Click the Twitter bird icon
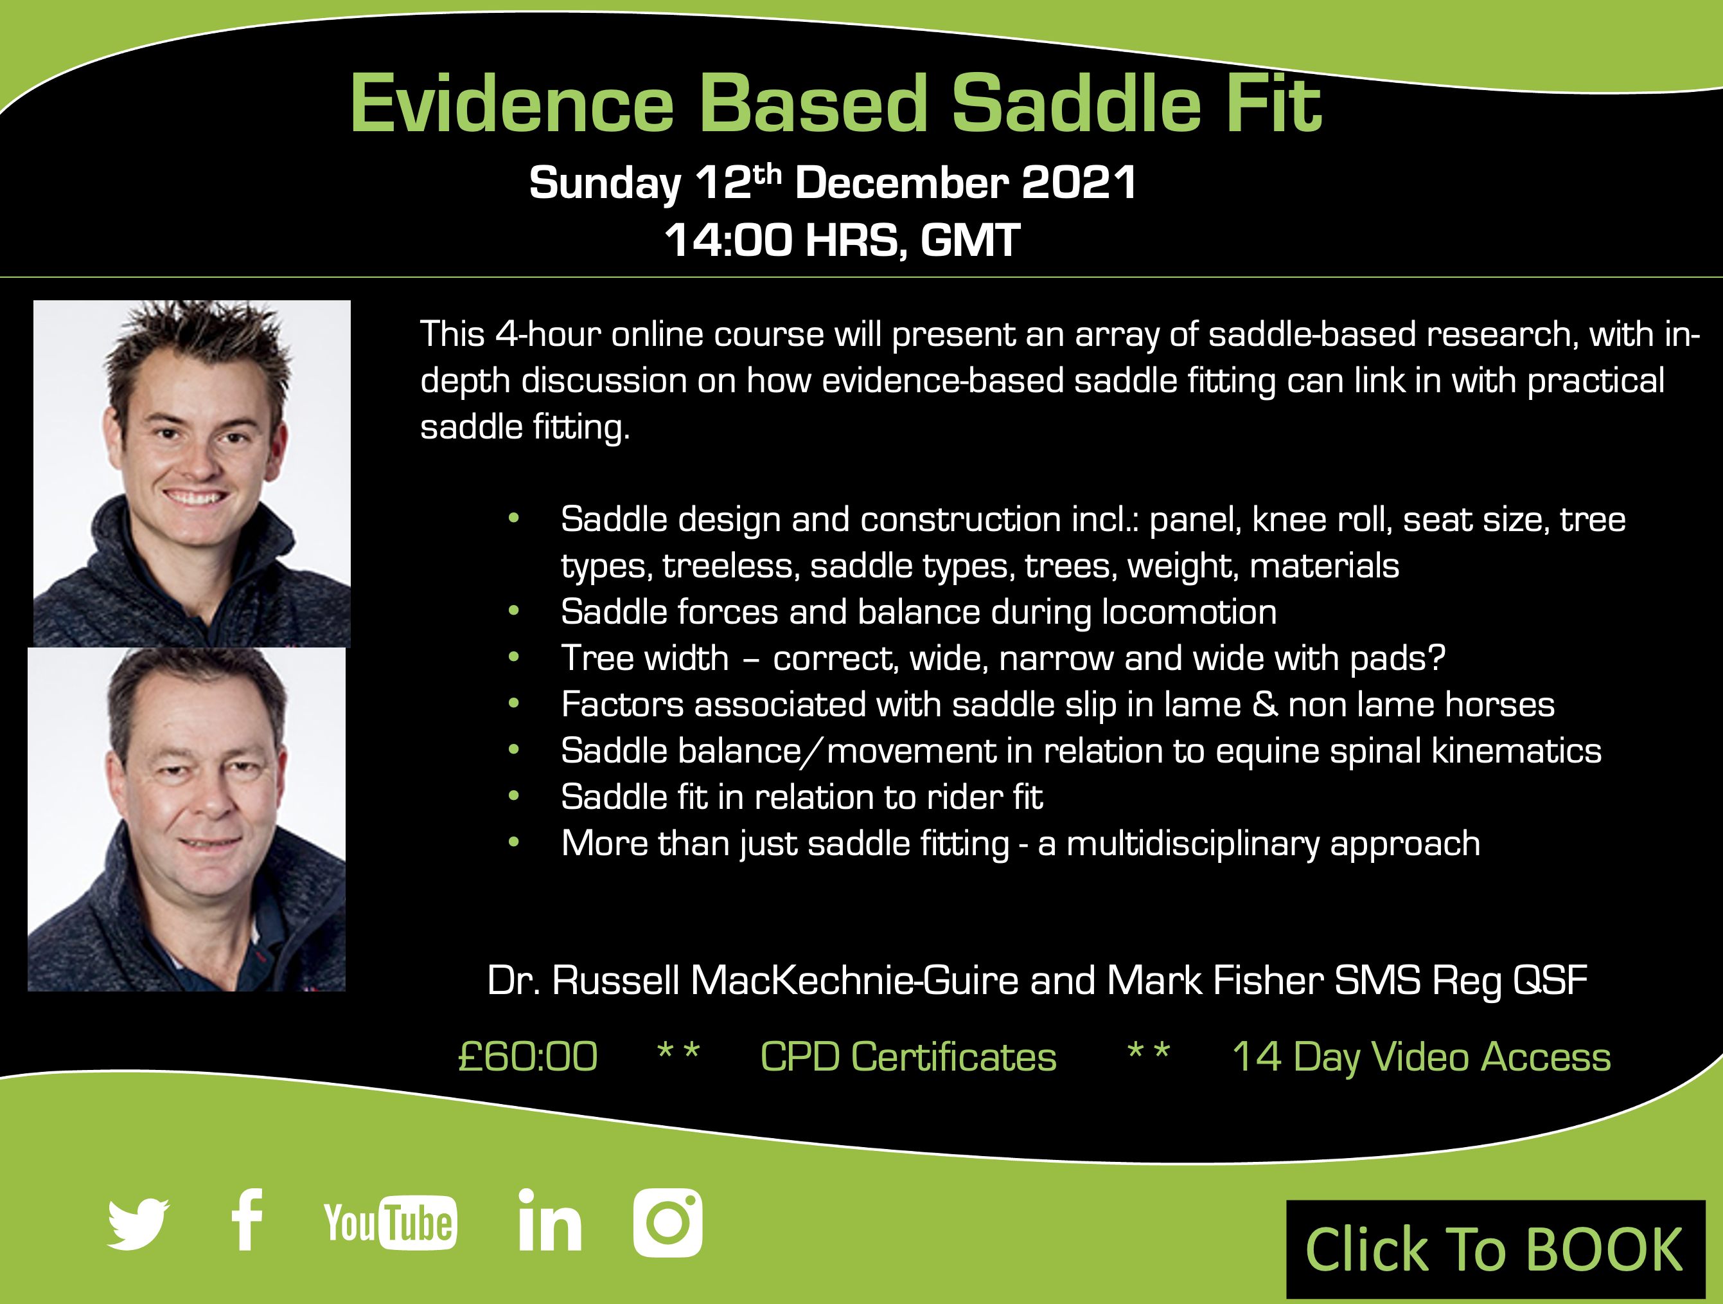(139, 1224)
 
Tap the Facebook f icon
(247, 1220)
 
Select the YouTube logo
(390, 1222)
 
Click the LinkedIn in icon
(550, 1220)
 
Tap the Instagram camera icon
(667, 1223)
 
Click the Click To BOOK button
(1496, 1249)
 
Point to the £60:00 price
(527, 1057)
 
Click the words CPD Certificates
(908, 1057)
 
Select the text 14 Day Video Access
(1422, 1058)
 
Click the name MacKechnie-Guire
(854, 981)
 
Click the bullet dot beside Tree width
(513, 657)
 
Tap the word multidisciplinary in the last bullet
(1192, 844)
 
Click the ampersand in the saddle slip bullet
(1264, 705)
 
